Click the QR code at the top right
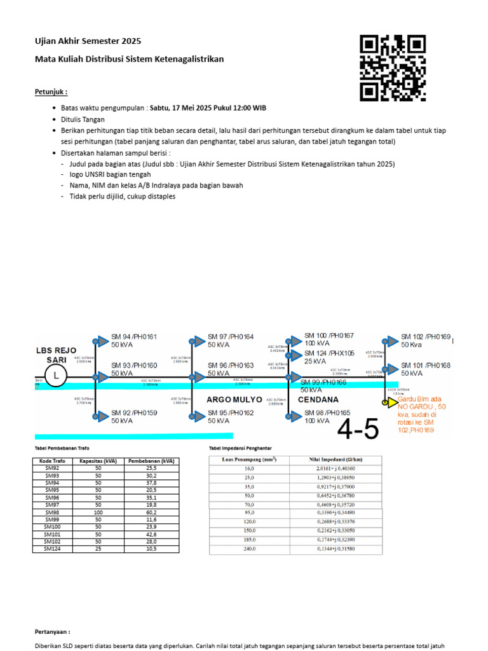pyautogui.click(x=392, y=68)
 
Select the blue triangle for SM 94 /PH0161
pyautogui.click(x=102, y=341)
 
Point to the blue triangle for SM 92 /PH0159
pyautogui.click(x=102, y=416)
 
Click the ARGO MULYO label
pyautogui.click(x=234, y=400)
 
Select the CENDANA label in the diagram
pyautogui.click(x=318, y=400)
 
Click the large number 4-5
pyautogui.click(x=358, y=430)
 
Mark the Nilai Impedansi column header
pyautogui.click(x=329, y=458)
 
